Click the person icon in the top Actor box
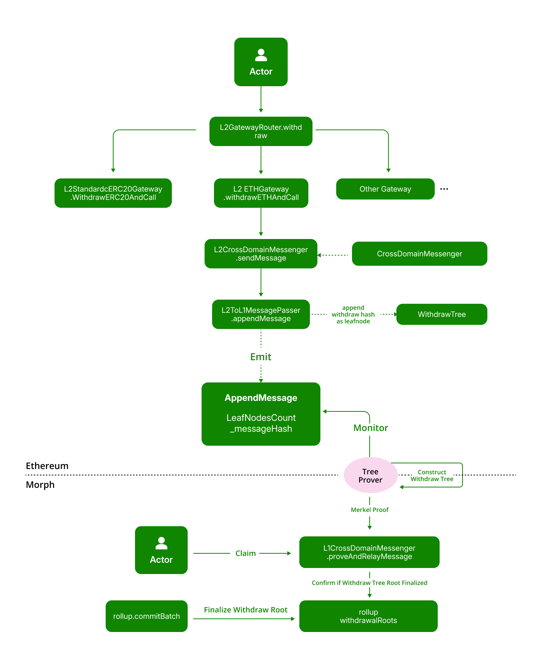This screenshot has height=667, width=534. tap(261, 55)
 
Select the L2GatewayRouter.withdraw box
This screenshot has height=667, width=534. tap(261, 131)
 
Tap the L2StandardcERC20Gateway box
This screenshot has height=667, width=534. tap(113, 193)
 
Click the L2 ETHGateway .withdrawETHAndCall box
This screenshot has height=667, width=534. tap(261, 193)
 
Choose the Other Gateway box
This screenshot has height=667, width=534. tap(385, 189)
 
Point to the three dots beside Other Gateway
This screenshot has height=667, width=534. tap(444, 189)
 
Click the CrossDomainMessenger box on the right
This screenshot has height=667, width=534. tap(419, 254)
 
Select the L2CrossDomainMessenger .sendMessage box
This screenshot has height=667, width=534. tap(261, 254)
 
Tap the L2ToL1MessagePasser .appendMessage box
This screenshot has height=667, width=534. tap(261, 314)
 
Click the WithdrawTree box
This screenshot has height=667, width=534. tap(441, 314)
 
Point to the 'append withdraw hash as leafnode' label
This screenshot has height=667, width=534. tap(353, 314)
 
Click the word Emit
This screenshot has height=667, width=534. tap(261, 357)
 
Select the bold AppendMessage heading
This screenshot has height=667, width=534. tap(261, 398)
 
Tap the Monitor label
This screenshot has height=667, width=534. tap(370, 428)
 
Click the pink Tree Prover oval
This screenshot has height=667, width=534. tap(370, 475)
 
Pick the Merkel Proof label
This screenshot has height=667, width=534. tap(370, 510)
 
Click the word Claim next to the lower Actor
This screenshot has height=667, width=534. tap(246, 553)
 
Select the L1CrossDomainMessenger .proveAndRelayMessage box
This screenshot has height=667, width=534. tap(369, 552)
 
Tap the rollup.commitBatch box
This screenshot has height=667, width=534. tap(146, 616)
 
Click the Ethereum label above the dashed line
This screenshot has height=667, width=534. tap(47, 466)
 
